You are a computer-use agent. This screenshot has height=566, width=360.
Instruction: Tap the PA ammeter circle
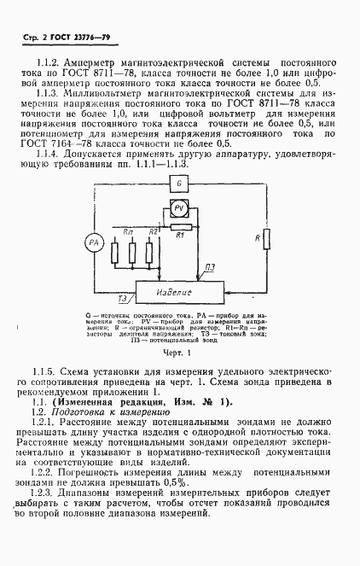[x=95, y=243]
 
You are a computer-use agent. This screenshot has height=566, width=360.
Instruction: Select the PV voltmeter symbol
[x=179, y=209]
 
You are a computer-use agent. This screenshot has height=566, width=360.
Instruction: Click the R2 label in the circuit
[x=154, y=231]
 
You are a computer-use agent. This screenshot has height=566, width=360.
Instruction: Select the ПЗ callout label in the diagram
[x=210, y=269]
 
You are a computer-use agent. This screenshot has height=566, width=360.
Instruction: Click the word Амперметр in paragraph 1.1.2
[x=101, y=64]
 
